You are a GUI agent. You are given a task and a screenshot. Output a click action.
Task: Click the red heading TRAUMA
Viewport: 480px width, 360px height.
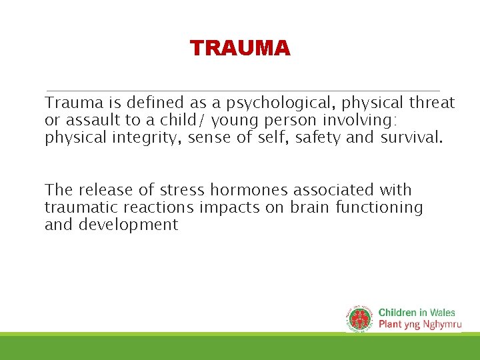[240, 49]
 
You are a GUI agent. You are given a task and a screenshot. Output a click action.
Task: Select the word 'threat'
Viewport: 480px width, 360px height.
[431, 103]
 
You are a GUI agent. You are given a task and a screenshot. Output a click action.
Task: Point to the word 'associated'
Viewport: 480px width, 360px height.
[333, 191]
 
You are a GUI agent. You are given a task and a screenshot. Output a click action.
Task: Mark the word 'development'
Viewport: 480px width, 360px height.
[128, 225]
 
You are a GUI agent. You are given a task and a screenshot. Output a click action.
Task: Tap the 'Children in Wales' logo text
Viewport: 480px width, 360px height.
[417, 313]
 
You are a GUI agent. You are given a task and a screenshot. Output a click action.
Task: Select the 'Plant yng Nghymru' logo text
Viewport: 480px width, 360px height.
[419, 325]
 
